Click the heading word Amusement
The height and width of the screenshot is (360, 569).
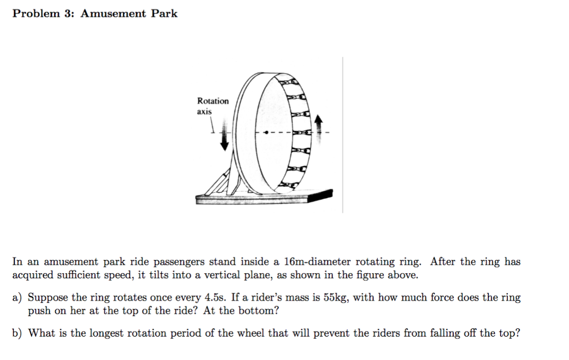click(x=113, y=14)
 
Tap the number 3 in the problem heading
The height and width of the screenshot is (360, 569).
click(x=68, y=14)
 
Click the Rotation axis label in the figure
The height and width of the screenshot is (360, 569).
click(x=212, y=106)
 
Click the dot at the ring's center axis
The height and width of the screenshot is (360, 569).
click(x=266, y=133)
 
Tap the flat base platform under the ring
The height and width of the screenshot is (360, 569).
click(x=264, y=197)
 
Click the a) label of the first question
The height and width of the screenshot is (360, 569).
click(x=18, y=298)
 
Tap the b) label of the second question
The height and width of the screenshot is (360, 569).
click(x=18, y=333)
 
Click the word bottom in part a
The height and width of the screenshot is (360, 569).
click(x=260, y=311)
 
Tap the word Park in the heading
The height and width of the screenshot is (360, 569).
click(x=164, y=14)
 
